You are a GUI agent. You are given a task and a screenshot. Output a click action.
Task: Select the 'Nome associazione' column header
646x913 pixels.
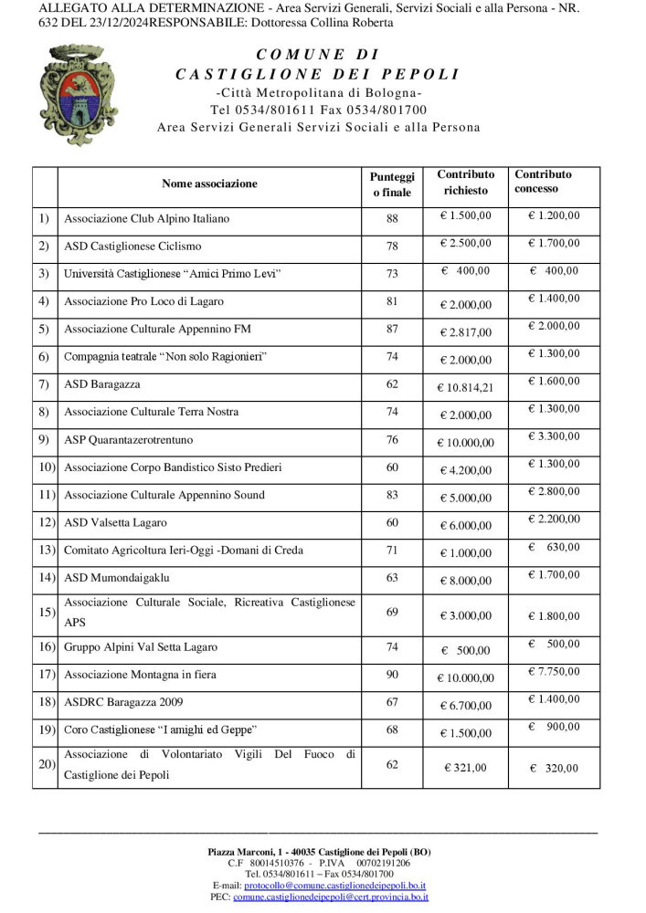point(209,184)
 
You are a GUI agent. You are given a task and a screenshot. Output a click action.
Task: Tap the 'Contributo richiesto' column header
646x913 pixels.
point(466,183)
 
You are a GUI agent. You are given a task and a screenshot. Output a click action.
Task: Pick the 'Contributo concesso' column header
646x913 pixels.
point(543,182)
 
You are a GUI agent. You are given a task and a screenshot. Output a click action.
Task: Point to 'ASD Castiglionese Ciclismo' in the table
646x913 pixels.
point(132,247)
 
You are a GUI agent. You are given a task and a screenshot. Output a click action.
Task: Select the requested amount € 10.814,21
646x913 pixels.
point(466,387)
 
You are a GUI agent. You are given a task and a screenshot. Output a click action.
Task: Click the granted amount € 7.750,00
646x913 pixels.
point(554,672)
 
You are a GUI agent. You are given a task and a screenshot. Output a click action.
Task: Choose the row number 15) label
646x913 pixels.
point(45,612)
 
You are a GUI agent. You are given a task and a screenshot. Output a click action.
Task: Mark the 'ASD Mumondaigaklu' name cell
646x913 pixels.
point(117,578)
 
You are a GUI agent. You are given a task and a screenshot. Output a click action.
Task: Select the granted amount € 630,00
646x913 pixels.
point(554,547)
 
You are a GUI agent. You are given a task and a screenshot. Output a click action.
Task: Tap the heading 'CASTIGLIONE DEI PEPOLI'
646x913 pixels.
point(318,74)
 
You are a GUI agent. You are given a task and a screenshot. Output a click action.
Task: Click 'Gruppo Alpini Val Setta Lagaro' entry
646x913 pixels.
point(141,647)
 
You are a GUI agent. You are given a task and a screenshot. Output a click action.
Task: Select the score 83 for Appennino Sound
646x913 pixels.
point(392,495)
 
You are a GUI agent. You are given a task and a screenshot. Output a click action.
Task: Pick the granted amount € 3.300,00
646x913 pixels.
point(554,436)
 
